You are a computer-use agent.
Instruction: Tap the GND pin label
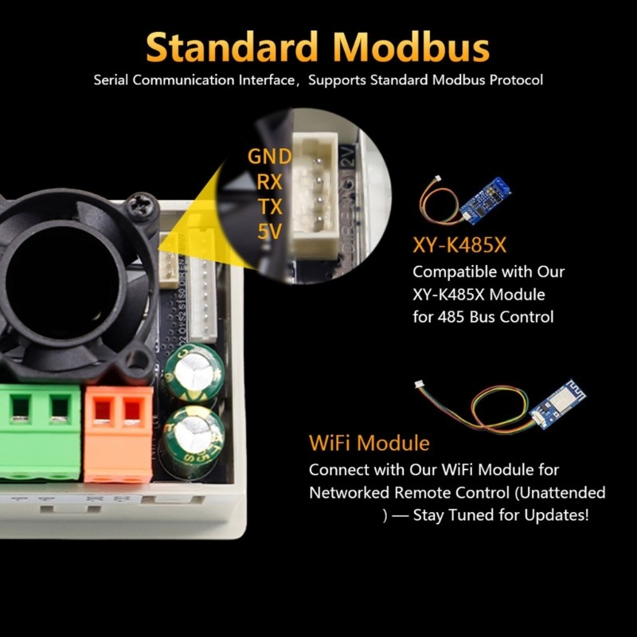(x=269, y=156)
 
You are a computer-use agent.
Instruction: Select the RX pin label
(x=269, y=182)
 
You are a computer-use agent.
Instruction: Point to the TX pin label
(x=269, y=207)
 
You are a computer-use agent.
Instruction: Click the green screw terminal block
(x=40, y=430)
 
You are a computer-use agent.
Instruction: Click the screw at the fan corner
(x=141, y=206)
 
